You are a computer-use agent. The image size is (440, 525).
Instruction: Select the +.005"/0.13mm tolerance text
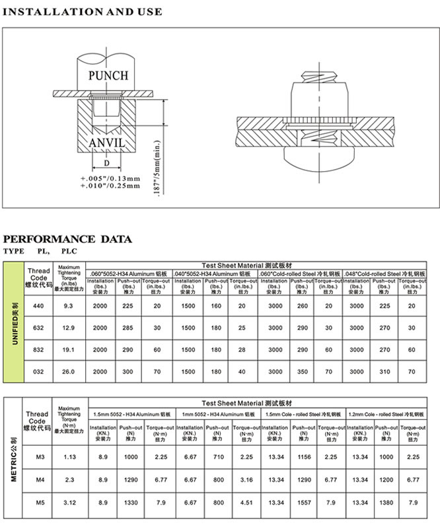(110, 179)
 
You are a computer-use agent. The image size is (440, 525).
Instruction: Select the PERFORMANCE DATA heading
(68, 239)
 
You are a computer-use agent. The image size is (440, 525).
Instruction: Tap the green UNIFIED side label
(14, 322)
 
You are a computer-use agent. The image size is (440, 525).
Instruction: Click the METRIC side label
(14, 456)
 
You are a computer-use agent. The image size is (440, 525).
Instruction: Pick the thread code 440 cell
(38, 306)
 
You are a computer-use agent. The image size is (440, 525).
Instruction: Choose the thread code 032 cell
(38, 372)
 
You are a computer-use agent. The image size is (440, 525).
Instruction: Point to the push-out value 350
(303, 372)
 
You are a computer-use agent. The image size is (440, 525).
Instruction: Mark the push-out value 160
(216, 306)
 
